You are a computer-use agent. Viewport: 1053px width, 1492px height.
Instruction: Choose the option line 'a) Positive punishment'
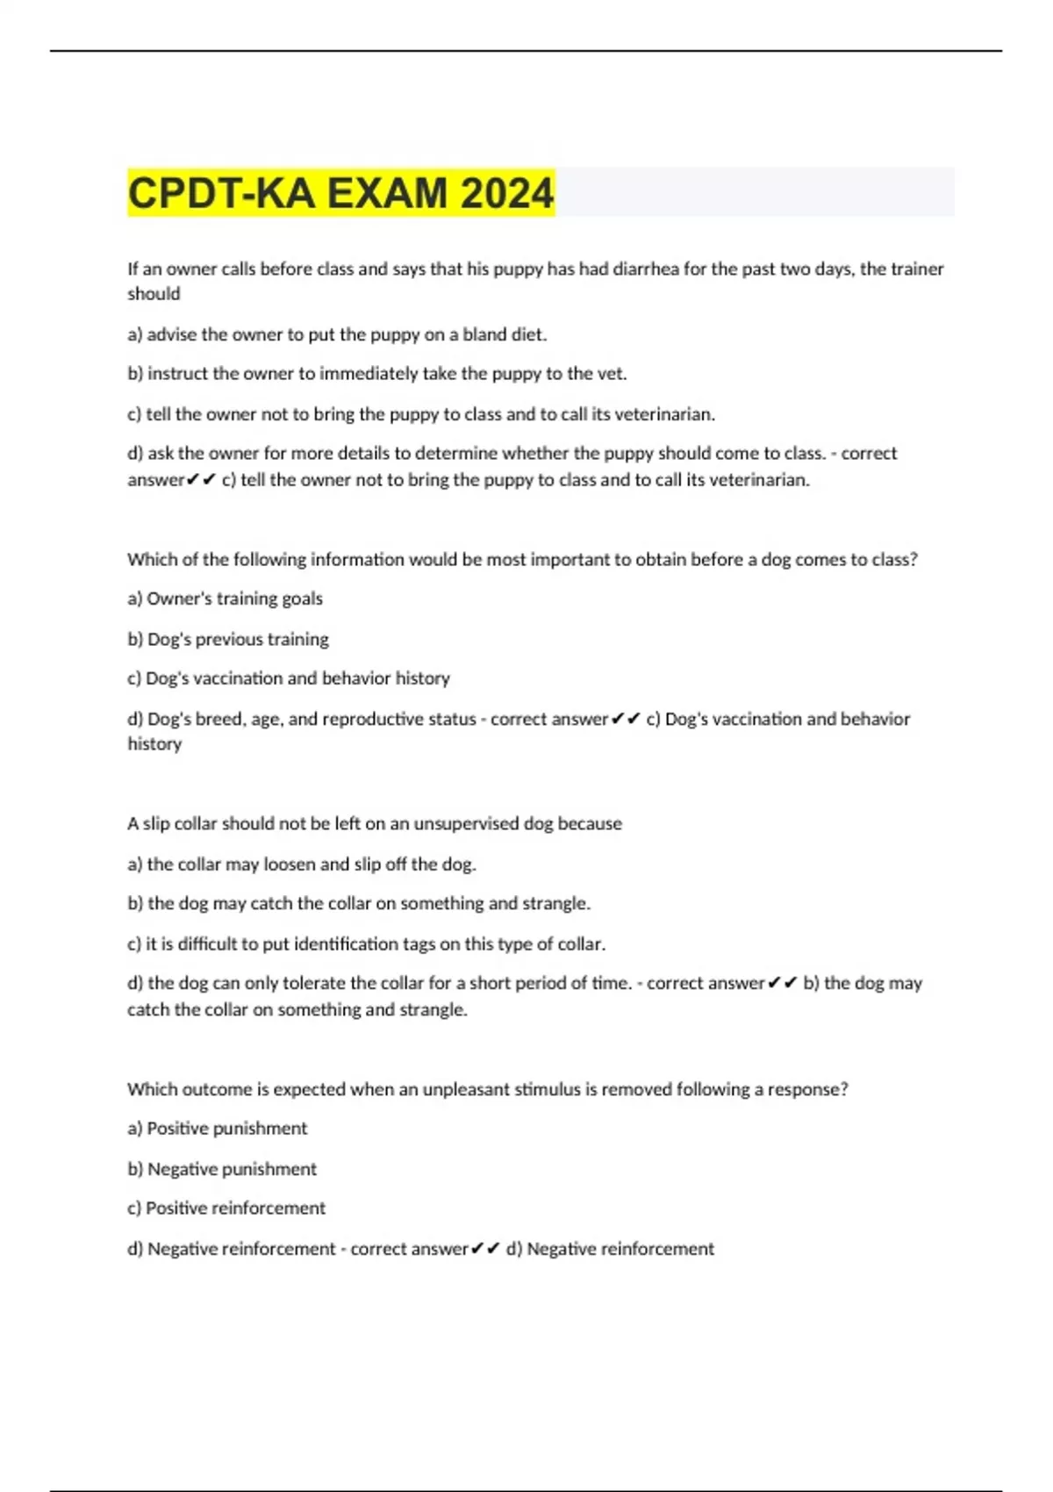click(218, 1129)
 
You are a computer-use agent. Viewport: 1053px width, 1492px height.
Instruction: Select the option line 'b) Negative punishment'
click(222, 1169)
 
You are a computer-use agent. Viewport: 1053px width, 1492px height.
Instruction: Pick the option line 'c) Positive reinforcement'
click(226, 1209)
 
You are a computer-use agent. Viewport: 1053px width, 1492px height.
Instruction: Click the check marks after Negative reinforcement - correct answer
click(485, 1248)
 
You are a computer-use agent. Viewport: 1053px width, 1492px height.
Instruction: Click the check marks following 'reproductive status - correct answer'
click(626, 719)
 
